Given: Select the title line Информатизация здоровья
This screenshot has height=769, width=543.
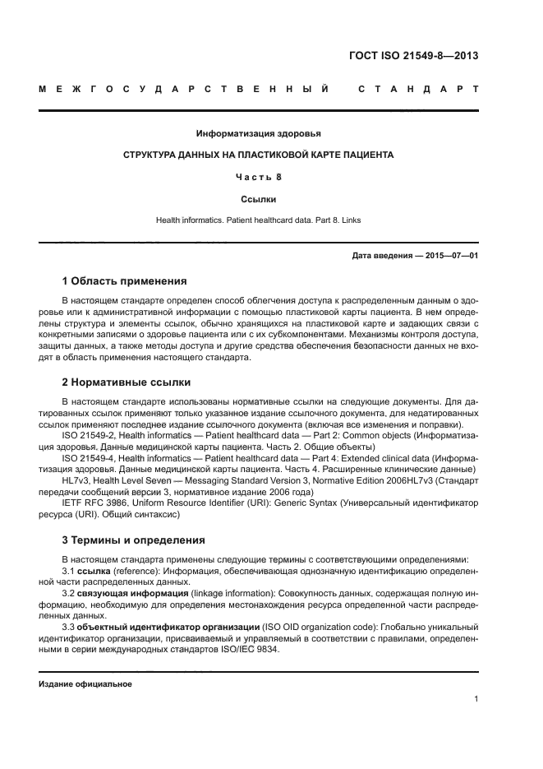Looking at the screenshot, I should (x=258, y=133).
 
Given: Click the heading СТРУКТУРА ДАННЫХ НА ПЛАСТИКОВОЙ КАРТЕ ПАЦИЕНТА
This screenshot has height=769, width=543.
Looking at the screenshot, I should (x=258, y=155).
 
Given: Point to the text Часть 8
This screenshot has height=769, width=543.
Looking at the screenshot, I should (x=258, y=176).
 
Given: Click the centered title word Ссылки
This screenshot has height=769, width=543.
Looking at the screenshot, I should (x=258, y=198).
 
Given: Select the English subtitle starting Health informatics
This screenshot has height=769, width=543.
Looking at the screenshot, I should (x=258, y=220).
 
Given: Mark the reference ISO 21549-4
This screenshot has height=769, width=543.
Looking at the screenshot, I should (x=90, y=456).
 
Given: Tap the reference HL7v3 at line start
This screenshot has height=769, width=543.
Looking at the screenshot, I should (x=76, y=478).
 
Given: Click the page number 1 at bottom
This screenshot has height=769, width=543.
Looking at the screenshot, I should (x=476, y=699).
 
